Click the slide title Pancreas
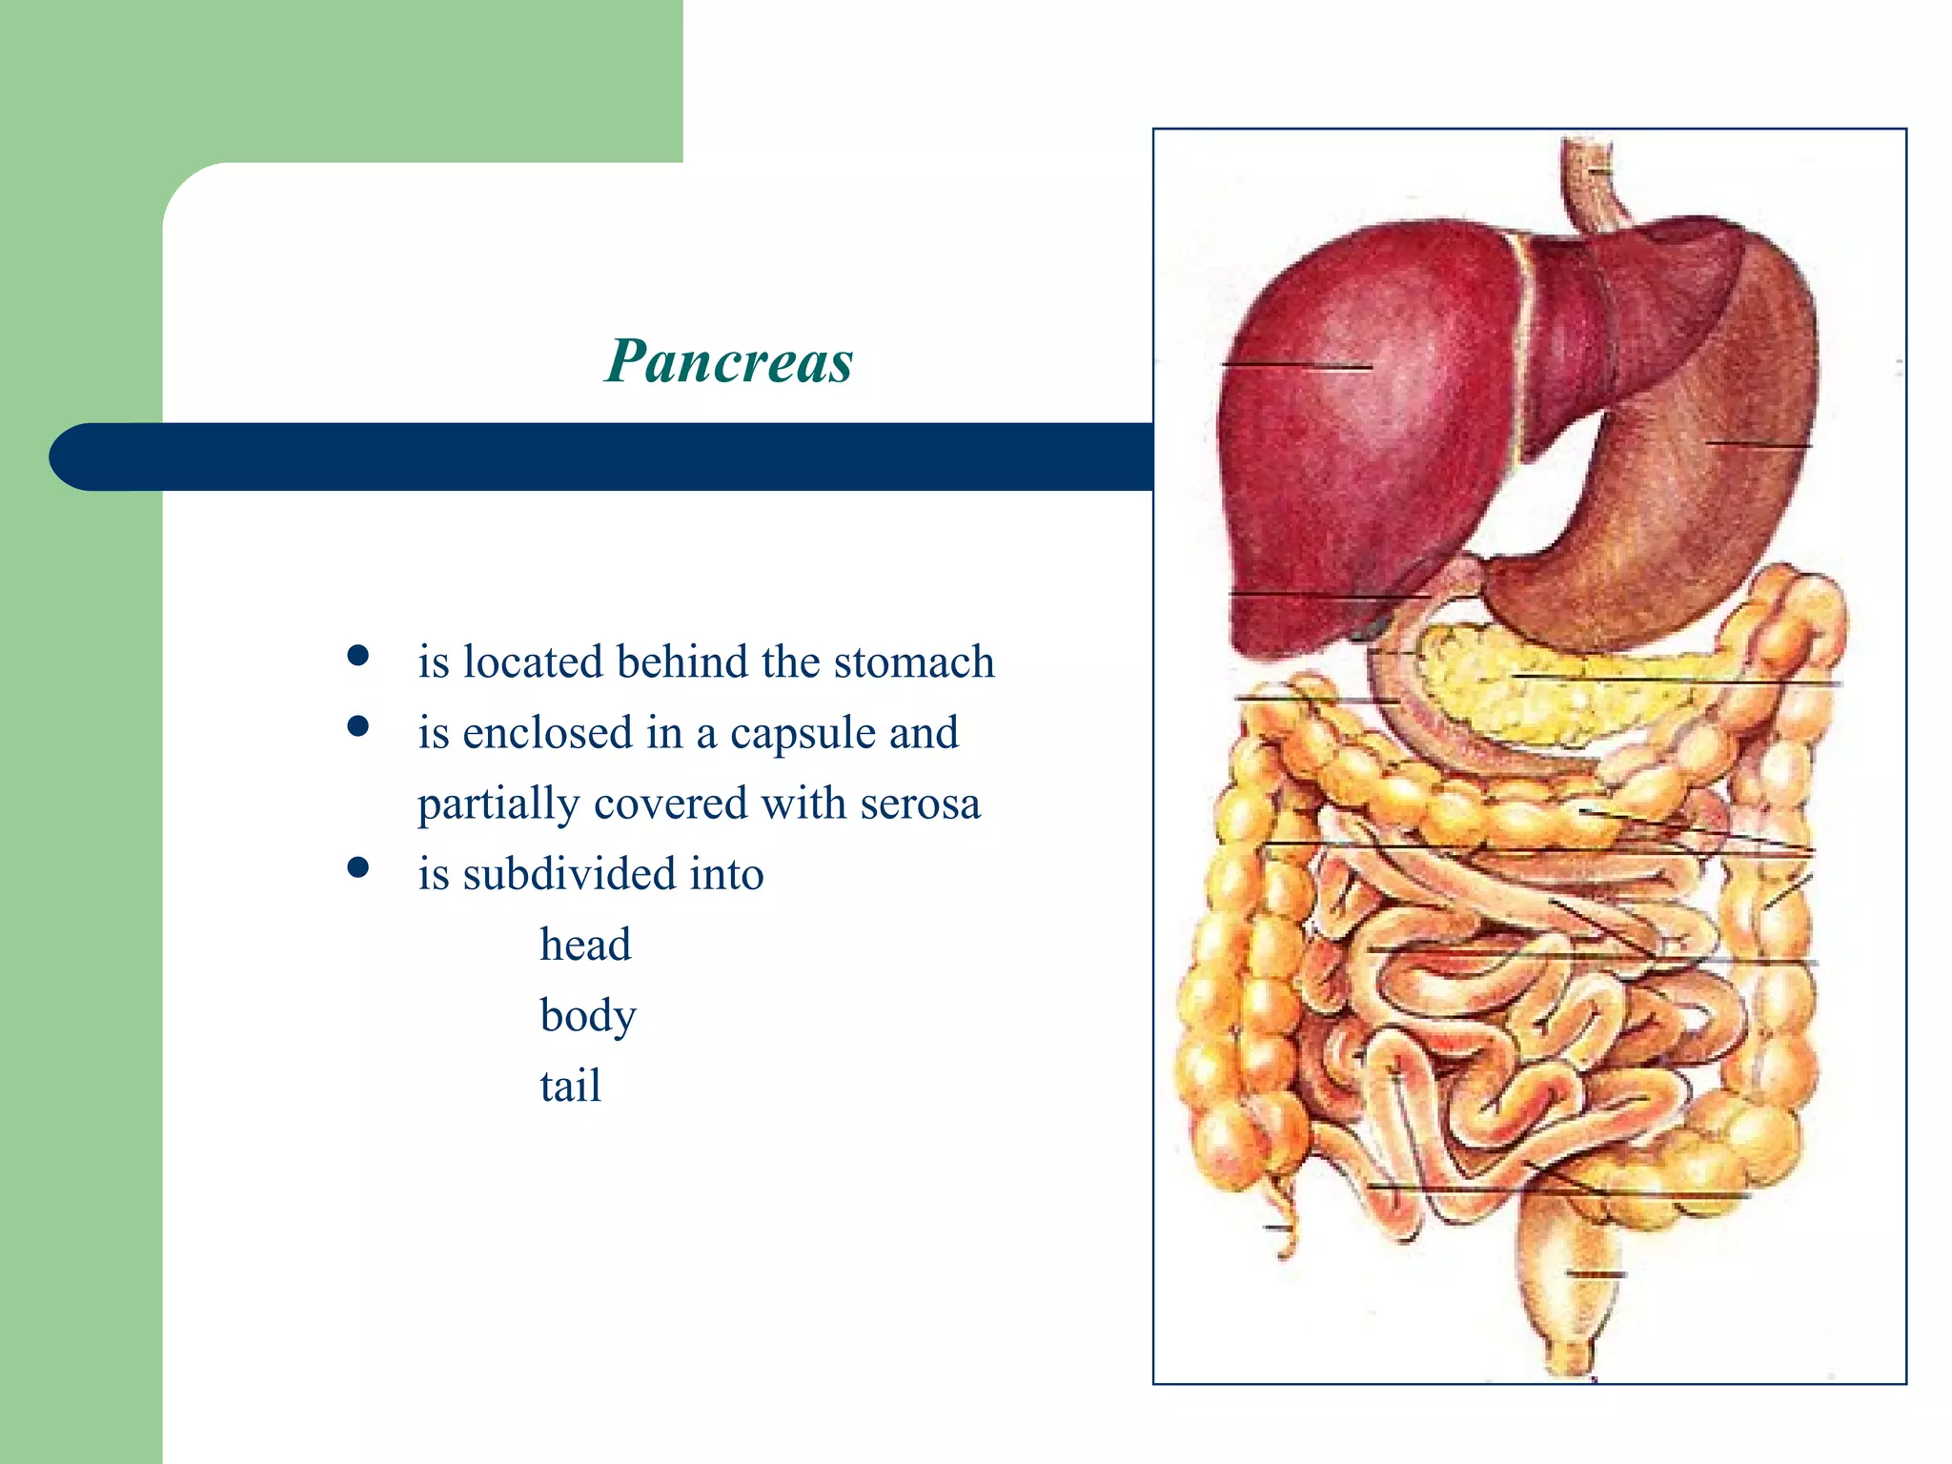coord(729,361)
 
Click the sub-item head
coord(585,945)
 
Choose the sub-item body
coord(587,1015)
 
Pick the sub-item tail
coord(570,1086)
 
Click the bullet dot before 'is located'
coord(358,656)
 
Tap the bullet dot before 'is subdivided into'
coord(358,867)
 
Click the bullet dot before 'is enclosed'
coord(358,727)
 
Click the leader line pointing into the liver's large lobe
coord(1296,366)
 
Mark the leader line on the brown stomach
coord(1758,444)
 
